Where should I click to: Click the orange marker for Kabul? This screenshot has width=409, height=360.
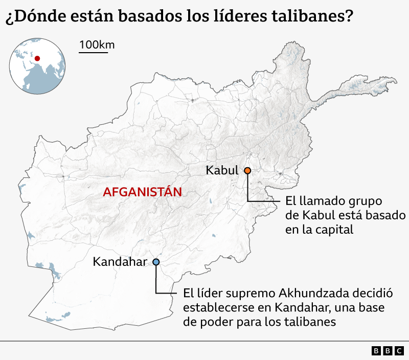247,171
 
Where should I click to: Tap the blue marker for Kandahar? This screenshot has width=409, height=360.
156,262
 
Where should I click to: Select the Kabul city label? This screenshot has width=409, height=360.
222,171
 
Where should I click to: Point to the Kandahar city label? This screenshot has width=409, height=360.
120,262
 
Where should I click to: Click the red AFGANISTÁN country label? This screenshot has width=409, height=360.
143,192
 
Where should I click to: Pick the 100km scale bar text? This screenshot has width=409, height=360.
97,44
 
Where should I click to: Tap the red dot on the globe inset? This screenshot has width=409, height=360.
37,59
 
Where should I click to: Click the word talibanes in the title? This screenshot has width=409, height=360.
309,17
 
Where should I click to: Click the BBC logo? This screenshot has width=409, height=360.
387,351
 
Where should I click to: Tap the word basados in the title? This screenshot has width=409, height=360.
148,17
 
